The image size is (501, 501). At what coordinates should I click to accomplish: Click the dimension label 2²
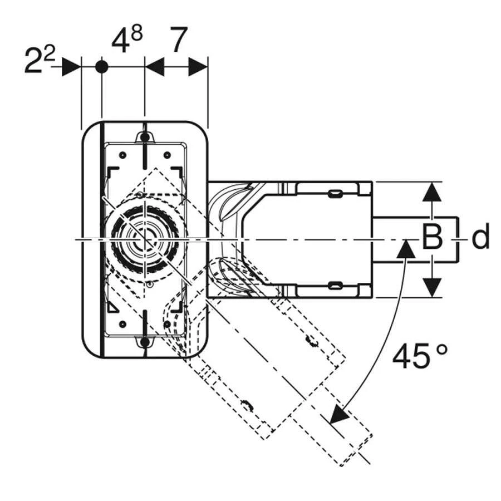click(40, 60)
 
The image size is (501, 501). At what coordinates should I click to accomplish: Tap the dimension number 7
click(179, 40)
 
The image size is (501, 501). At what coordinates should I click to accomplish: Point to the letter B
click(432, 237)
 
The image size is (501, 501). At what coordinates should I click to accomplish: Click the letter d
click(480, 236)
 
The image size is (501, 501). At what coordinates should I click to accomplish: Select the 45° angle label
click(420, 355)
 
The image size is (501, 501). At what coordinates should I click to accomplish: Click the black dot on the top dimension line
click(102, 67)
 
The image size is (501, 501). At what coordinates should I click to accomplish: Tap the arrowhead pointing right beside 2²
click(71, 67)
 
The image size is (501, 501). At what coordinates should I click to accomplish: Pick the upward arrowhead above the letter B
click(432, 191)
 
